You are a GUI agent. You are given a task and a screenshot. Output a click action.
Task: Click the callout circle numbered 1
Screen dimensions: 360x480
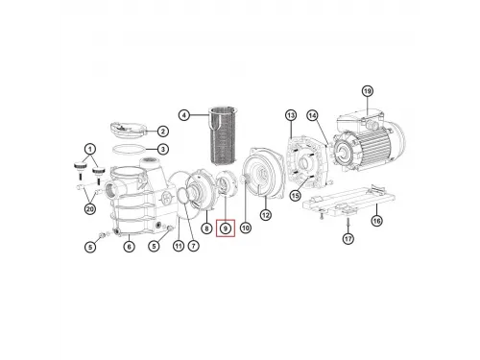(91, 149)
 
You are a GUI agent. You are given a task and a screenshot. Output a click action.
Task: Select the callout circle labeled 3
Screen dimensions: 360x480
(163, 149)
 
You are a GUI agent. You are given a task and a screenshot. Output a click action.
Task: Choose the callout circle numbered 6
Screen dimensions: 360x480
(129, 247)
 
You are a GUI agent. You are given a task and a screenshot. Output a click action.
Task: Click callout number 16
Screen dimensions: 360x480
(377, 220)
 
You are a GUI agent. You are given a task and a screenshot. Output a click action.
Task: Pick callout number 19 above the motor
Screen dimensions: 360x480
(366, 91)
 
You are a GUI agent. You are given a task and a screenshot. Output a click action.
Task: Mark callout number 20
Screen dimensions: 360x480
(89, 209)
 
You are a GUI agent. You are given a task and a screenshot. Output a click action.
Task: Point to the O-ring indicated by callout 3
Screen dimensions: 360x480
(128, 149)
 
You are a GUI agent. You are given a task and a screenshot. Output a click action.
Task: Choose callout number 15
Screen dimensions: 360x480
(296, 197)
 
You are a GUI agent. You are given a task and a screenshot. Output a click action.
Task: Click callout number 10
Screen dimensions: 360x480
(245, 228)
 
